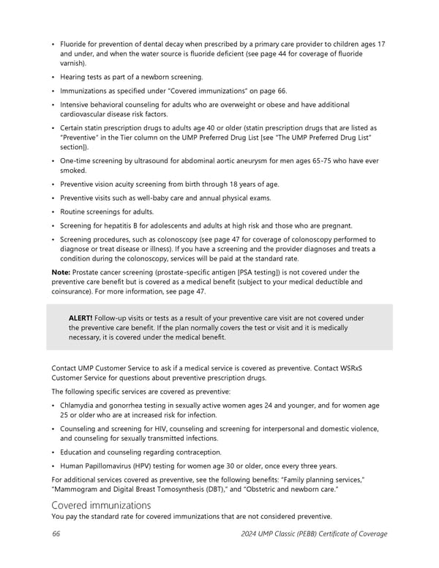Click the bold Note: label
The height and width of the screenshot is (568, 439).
coord(61,272)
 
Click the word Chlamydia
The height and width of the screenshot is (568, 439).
coord(81,405)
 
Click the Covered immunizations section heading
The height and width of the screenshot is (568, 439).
coord(101,505)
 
